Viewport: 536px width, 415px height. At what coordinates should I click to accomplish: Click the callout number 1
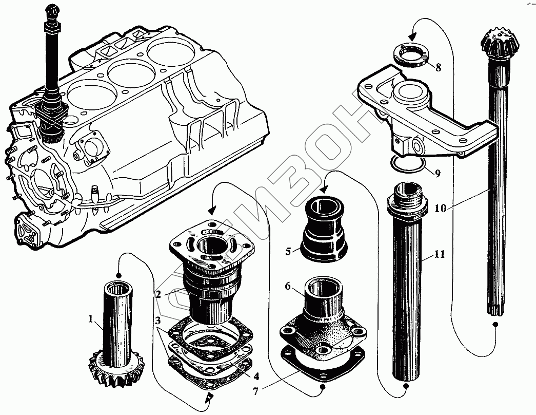[90, 319]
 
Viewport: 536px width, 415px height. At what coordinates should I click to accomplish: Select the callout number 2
[159, 294]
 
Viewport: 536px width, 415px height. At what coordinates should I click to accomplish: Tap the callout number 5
[288, 252]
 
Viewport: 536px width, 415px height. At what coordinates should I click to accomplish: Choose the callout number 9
[437, 174]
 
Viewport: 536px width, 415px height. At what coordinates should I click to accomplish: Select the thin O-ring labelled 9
[408, 164]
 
